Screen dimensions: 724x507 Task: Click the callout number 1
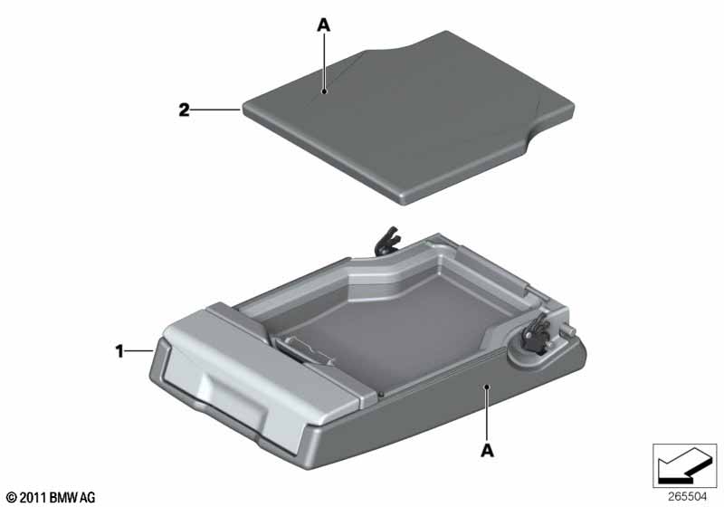[119, 351]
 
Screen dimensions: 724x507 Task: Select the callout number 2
[185, 110]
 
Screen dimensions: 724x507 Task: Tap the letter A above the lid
[324, 25]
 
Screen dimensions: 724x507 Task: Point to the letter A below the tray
[487, 450]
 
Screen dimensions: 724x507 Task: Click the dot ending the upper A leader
[325, 91]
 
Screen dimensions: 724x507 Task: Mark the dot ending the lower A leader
[486, 387]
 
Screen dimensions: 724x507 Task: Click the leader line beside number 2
[215, 110]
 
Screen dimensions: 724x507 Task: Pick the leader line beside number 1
[139, 351]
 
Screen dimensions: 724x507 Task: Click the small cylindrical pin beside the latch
[569, 331]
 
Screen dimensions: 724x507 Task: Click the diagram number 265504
[688, 497]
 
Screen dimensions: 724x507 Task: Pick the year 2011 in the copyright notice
[33, 497]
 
